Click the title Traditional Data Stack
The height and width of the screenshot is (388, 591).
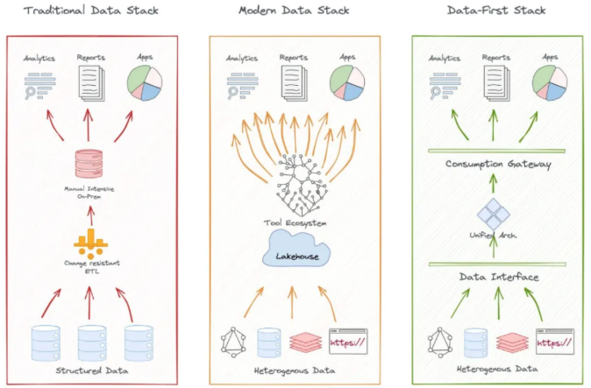pos(91,11)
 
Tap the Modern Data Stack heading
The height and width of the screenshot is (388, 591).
pos(294,11)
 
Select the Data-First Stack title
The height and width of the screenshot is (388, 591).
pos(496,11)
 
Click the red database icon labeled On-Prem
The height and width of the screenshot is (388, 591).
pos(89,164)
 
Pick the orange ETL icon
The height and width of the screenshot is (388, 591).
pos(90,243)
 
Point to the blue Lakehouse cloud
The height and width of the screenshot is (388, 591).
pos(296,250)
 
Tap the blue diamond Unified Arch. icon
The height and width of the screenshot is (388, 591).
pos(494,215)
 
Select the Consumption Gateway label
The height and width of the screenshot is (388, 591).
pos(498,164)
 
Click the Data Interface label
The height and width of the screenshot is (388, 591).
pos(499,277)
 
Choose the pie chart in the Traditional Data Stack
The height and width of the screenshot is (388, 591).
pos(145,83)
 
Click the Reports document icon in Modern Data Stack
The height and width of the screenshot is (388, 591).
pos(294,83)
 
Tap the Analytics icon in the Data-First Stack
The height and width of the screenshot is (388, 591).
pos(445,86)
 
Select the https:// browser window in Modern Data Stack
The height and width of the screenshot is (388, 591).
pos(348,342)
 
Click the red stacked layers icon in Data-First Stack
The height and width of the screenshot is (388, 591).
pos(512,342)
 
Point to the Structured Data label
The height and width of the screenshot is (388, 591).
pos(92,370)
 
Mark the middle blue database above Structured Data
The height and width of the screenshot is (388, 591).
pos(92,342)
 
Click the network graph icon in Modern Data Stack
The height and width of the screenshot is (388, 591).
pos(233,342)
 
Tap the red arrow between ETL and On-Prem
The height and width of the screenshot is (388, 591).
pos(90,215)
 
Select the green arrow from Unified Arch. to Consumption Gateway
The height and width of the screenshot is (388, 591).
pos(493,183)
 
